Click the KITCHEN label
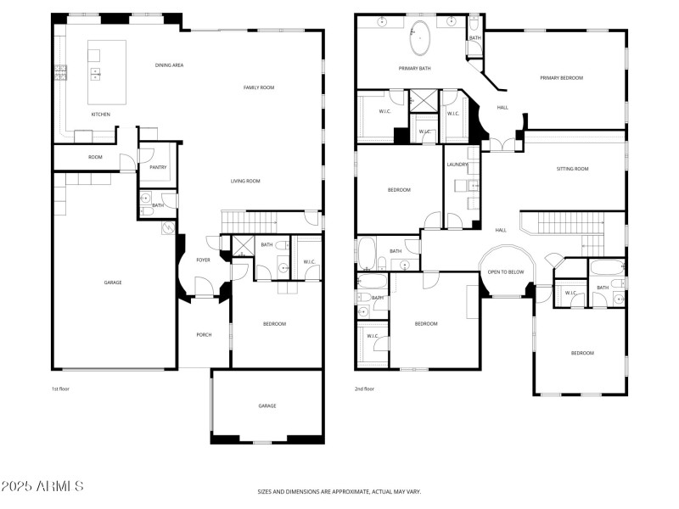(x=101, y=115)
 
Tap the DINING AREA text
(x=170, y=65)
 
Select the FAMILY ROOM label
(x=259, y=87)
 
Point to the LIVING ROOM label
(x=245, y=181)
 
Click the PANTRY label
(x=158, y=167)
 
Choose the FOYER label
(x=204, y=260)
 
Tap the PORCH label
(x=204, y=334)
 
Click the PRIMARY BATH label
(x=416, y=68)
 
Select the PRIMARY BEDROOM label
(x=562, y=78)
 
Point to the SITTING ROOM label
(x=572, y=169)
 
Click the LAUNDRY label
(x=458, y=165)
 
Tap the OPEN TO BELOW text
(x=505, y=272)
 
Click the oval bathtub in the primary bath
(x=421, y=37)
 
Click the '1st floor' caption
(x=61, y=389)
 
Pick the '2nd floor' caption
(x=365, y=389)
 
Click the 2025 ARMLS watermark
(x=42, y=487)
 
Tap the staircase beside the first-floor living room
(x=250, y=221)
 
